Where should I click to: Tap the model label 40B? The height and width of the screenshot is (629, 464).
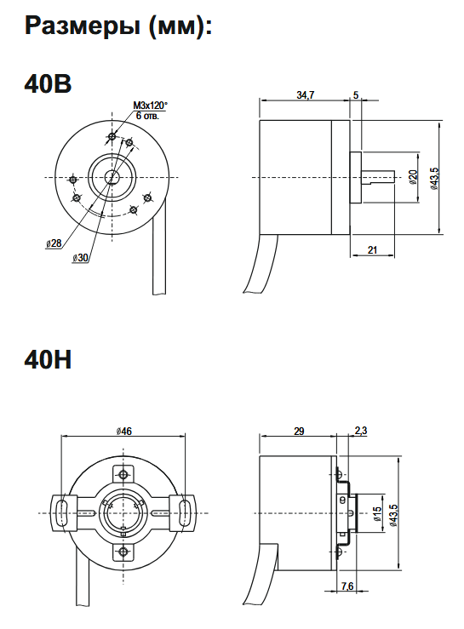[x=48, y=84]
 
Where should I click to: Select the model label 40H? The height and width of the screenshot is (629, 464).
[x=48, y=361]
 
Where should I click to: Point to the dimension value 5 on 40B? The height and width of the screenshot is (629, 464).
[x=355, y=95]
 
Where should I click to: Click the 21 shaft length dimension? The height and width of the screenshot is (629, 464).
[x=372, y=248]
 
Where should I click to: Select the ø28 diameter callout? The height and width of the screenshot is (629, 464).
[x=54, y=243]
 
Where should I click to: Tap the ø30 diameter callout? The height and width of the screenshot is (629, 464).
[x=82, y=257]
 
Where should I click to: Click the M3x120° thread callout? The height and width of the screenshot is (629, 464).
[x=151, y=105]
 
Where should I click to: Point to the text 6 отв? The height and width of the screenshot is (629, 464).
[x=147, y=114]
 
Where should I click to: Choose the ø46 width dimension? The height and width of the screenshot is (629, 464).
[x=124, y=432]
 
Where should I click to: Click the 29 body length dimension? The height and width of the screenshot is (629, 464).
[x=299, y=432]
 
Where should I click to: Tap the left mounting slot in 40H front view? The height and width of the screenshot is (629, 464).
[x=62, y=513]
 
